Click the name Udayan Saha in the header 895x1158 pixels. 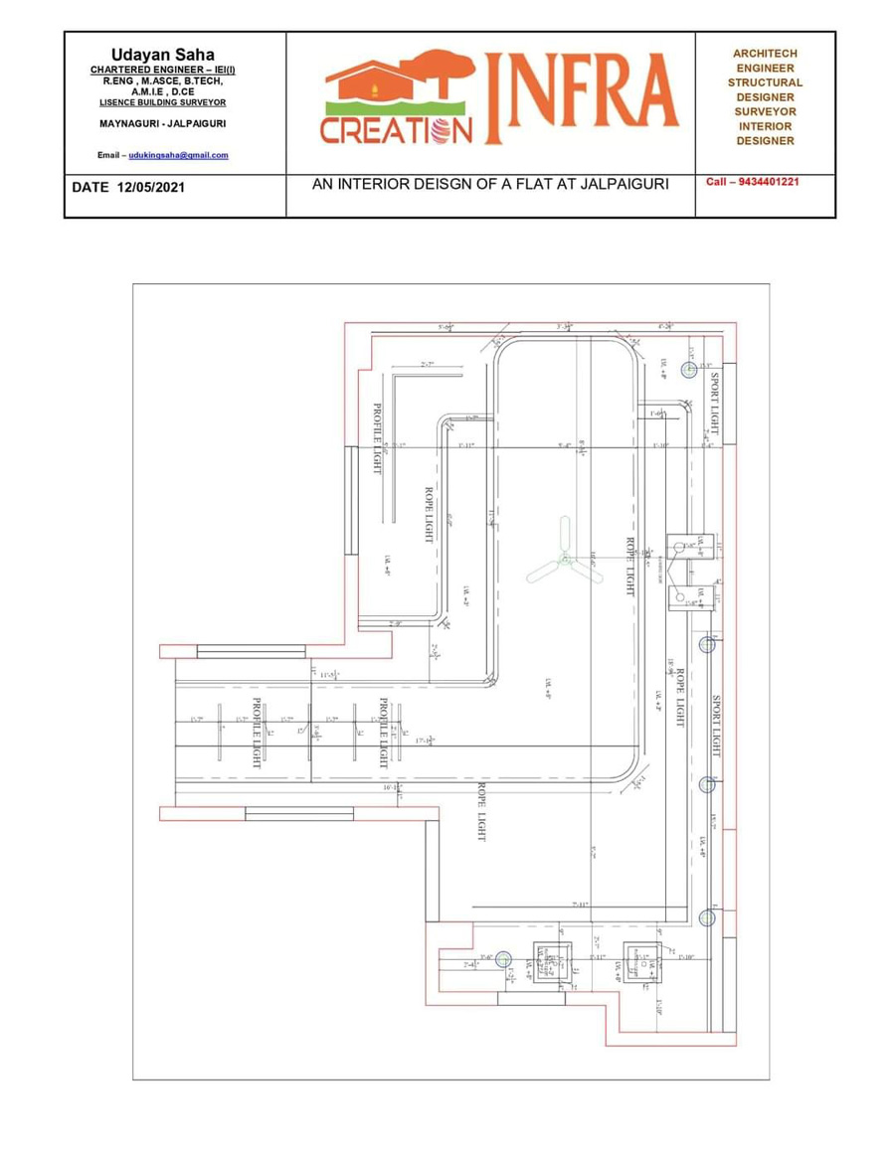click(162, 54)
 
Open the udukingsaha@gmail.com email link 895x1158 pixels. click(178, 155)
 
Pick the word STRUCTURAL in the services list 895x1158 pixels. click(765, 83)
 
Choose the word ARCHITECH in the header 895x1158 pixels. click(765, 54)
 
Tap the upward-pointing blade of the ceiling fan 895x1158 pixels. click(564, 535)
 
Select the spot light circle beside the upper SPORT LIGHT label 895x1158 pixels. click(688, 369)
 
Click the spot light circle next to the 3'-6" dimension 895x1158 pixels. click(503, 959)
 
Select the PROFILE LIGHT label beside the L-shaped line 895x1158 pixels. click(377, 437)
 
